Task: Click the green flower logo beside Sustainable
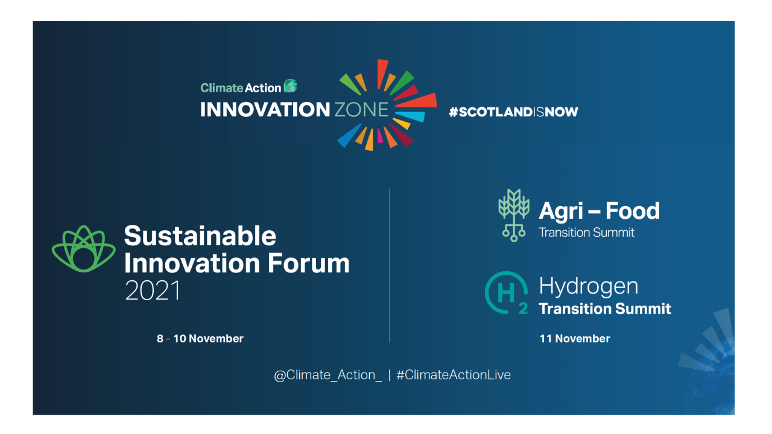coord(83,249)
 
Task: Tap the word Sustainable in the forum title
coord(200,236)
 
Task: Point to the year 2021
coord(153,291)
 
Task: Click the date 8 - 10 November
coord(200,339)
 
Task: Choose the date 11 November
coord(574,339)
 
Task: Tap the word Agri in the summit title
coord(562,211)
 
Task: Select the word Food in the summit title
coord(632,211)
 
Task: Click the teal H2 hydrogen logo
coord(507,294)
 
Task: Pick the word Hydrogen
coord(588,286)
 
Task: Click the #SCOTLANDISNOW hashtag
coord(513,112)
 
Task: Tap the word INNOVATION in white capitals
coord(265,110)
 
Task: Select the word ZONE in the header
coord(361,110)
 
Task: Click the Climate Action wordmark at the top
coord(241,88)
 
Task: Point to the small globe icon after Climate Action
coord(291,86)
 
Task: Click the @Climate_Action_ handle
coord(328,375)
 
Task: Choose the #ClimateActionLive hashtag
coord(454,375)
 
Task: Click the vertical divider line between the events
coord(390,265)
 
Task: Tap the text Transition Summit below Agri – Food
coord(586,233)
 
